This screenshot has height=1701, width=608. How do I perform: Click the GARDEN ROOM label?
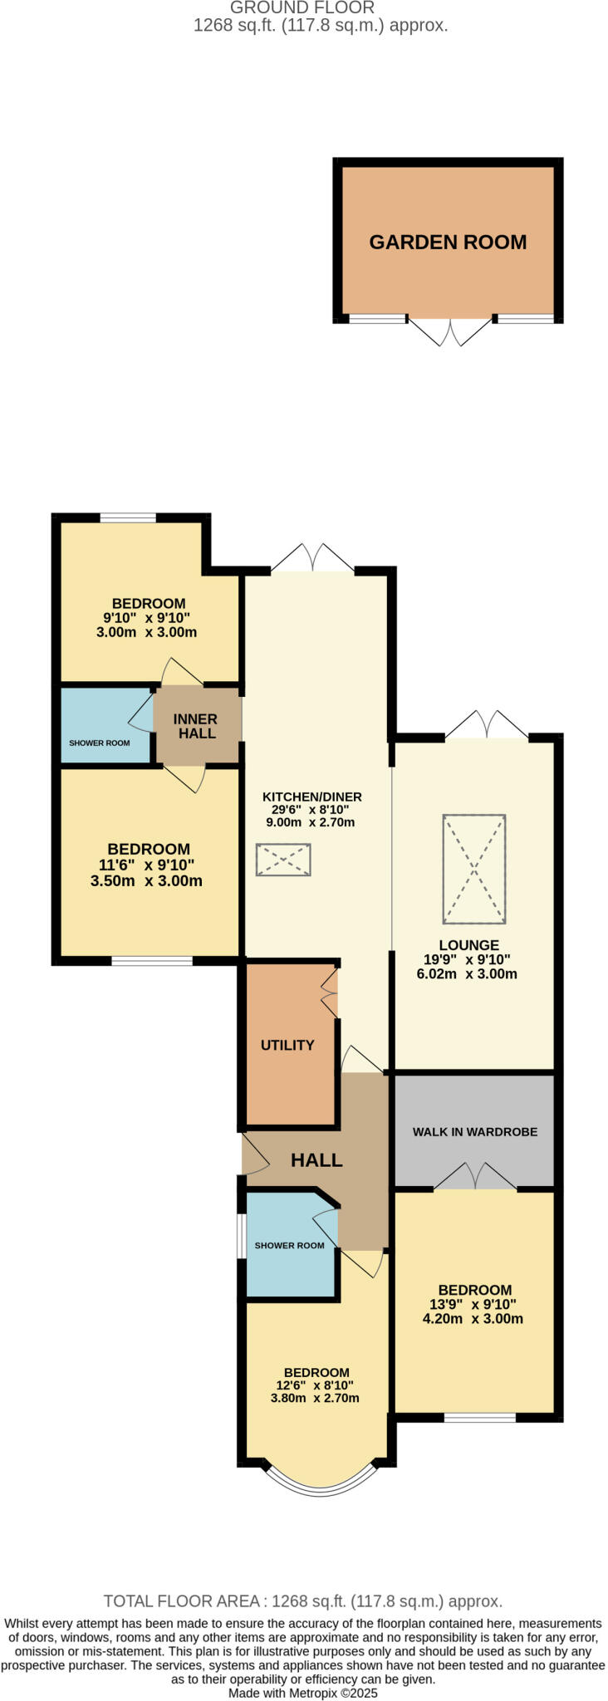pyautogui.click(x=448, y=242)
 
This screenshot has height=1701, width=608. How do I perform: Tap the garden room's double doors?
pyautogui.click(x=450, y=331)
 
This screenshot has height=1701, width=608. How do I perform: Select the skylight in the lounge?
pyautogui.click(x=474, y=869)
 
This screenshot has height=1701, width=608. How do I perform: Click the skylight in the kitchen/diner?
pyautogui.click(x=283, y=860)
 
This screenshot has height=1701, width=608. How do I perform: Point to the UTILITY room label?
pyautogui.click(x=287, y=1045)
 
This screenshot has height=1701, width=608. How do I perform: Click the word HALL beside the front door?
pyautogui.click(x=316, y=1160)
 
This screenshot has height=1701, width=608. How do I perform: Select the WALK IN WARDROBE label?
pyautogui.click(x=475, y=1131)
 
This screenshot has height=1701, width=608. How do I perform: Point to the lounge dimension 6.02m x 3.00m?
pyautogui.click(x=467, y=973)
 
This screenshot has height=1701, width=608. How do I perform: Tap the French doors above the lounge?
pyautogui.click(x=487, y=725)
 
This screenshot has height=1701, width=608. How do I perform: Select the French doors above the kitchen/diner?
pyautogui.click(x=312, y=558)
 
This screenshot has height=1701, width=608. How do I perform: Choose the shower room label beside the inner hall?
pyautogui.click(x=100, y=743)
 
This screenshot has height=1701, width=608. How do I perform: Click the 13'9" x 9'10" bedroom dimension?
pyautogui.click(x=475, y=1304)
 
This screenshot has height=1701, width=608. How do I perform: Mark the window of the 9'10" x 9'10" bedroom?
pyautogui.click(x=128, y=517)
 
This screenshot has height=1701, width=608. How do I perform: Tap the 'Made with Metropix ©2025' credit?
pyautogui.click(x=303, y=1693)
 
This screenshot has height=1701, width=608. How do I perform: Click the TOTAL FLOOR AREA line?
pyautogui.click(x=303, y=1601)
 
